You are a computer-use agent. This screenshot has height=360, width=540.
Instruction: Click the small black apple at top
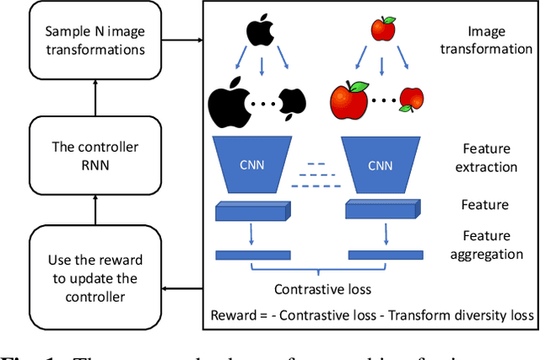pyautogui.click(x=261, y=30)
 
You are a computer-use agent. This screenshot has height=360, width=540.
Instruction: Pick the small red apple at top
pyautogui.click(x=383, y=30)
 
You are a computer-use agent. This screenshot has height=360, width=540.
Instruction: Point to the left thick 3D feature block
pyautogui.click(x=252, y=211)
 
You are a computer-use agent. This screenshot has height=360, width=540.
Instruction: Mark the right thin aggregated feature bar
pyautogui.click(x=385, y=254)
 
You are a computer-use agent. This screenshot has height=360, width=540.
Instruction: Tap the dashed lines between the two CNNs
pyautogui.click(x=318, y=175)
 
